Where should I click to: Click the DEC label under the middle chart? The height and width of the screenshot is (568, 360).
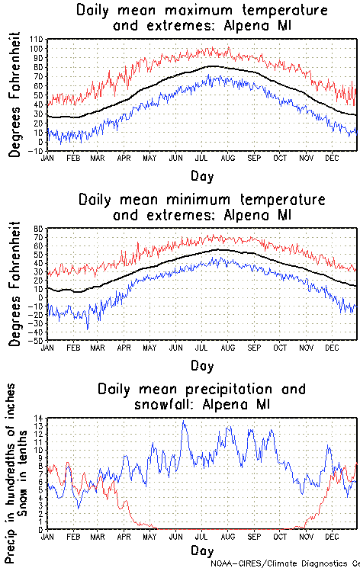(332, 347)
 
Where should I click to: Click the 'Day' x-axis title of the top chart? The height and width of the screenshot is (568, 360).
(202, 176)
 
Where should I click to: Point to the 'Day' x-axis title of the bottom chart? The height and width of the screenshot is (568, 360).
(202, 550)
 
